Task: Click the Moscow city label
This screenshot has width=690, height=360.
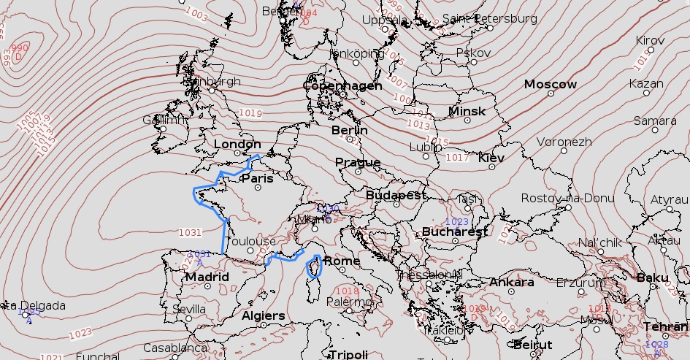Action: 551,85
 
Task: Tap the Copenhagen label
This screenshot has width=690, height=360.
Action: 342,86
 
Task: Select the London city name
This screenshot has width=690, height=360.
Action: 237,145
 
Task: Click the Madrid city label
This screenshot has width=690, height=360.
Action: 207,277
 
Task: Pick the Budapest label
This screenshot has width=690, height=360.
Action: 396,196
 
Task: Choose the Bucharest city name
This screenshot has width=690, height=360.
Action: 454,231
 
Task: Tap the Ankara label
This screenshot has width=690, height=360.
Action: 511,283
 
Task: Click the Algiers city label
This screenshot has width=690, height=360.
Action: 263,315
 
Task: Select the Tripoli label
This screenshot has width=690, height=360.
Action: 348,355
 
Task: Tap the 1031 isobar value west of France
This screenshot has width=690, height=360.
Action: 189,232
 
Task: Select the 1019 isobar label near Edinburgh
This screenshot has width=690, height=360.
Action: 250,112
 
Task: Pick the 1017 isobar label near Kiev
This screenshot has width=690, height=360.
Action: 457,157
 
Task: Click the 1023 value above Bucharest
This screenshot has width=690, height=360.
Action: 456,221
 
